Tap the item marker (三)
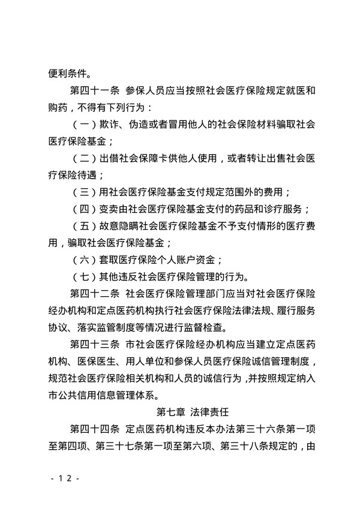tap(82, 192)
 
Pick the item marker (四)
tap(82, 209)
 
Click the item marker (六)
tap(82, 260)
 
